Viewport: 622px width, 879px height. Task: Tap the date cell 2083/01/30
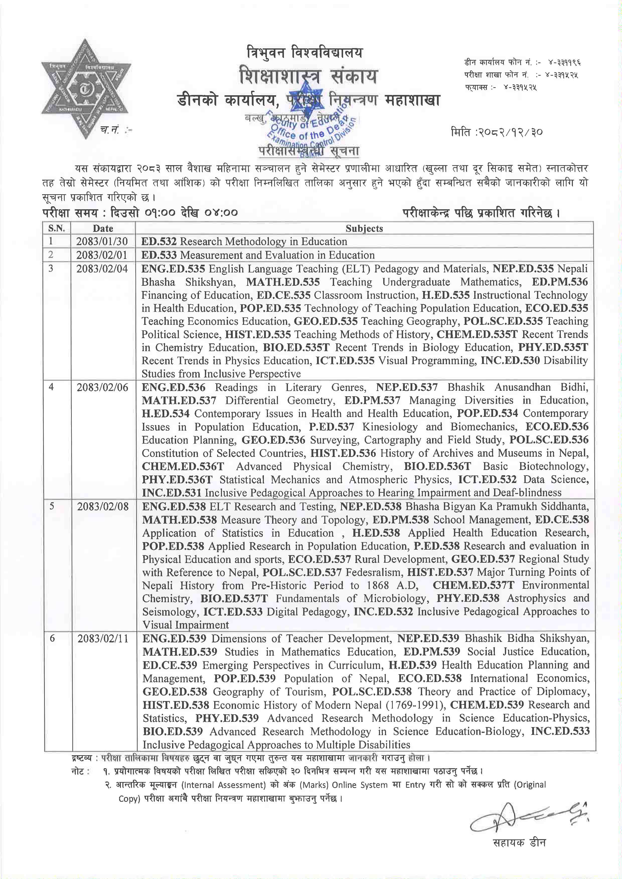[102, 242]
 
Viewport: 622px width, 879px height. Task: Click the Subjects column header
[364, 229]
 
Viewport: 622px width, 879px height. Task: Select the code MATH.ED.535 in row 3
[283, 282]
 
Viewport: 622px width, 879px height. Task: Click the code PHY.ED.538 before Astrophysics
[468, 598]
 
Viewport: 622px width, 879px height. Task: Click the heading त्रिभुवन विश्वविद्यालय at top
[299, 52]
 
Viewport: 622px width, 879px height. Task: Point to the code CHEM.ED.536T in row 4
[183, 466]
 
